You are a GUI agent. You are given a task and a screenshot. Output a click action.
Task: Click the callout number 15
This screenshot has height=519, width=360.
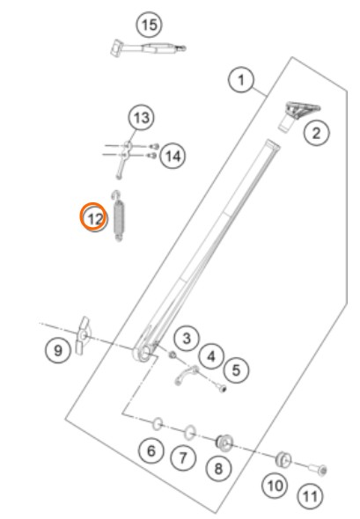[150, 25]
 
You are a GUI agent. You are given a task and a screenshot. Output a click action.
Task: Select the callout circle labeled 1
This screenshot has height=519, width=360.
[241, 80]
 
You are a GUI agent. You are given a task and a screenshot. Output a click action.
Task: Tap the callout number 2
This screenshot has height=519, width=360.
[317, 133]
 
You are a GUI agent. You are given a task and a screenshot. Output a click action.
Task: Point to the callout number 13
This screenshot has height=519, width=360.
[142, 118]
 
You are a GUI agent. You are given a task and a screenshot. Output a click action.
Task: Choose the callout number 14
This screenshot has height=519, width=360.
[173, 156]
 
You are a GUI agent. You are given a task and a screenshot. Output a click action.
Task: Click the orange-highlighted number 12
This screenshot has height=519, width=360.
[94, 218]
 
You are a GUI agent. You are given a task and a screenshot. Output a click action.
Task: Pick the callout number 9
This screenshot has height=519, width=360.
[58, 350]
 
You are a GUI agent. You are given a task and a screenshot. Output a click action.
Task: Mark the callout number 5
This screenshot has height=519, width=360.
[236, 369]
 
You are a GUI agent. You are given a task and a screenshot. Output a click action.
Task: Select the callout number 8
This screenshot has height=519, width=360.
[218, 468]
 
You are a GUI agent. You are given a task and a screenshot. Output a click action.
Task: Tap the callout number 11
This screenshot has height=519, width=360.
[310, 496]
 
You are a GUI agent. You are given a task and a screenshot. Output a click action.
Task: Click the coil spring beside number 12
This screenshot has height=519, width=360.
[119, 216]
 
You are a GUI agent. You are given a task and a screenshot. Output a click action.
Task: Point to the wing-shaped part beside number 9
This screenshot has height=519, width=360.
[83, 335]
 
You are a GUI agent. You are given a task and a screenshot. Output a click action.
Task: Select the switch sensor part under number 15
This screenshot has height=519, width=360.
[149, 48]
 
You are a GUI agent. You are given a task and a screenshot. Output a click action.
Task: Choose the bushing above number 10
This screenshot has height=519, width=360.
[283, 459]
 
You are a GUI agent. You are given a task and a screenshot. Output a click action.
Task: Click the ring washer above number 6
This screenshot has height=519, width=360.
[158, 424]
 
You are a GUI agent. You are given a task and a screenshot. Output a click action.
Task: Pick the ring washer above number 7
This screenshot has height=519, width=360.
[190, 433]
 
